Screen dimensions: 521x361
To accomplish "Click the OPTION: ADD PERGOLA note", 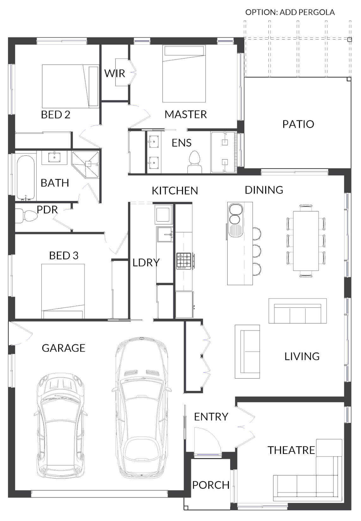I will (x=290, y=12).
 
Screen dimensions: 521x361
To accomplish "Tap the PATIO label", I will (x=298, y=124).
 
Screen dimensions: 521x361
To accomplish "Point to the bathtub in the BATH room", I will (x=25, y=177).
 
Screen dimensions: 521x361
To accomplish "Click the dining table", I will (x=306, y=241).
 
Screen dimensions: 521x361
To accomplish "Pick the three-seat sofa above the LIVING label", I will (x=297, y=311).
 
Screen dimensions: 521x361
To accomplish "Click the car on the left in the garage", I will (x=60, y=426).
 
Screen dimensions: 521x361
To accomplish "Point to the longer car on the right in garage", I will (x=142, y=408).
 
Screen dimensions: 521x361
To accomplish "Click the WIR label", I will (x=114, y=73).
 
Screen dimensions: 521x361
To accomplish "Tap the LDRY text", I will (x=146, y=262).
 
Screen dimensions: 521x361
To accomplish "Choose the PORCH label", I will (x=211, y=485).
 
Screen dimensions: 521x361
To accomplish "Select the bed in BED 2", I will (x=70, y=86).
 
